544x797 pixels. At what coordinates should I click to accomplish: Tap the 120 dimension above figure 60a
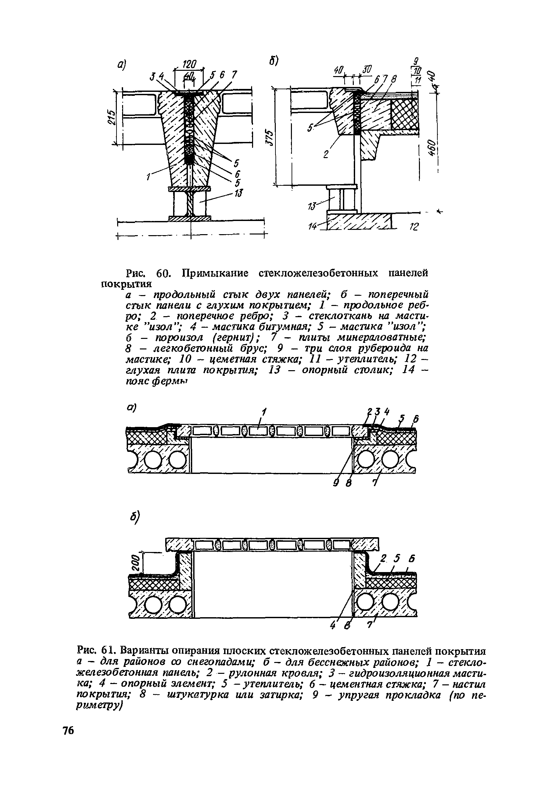(x=189, y=64)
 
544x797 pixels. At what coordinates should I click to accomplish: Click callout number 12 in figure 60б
(x=414, y=227)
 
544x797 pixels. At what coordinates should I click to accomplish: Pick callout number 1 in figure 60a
(x=148, y=177)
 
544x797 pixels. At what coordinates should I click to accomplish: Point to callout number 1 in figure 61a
(x=264, y=411)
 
